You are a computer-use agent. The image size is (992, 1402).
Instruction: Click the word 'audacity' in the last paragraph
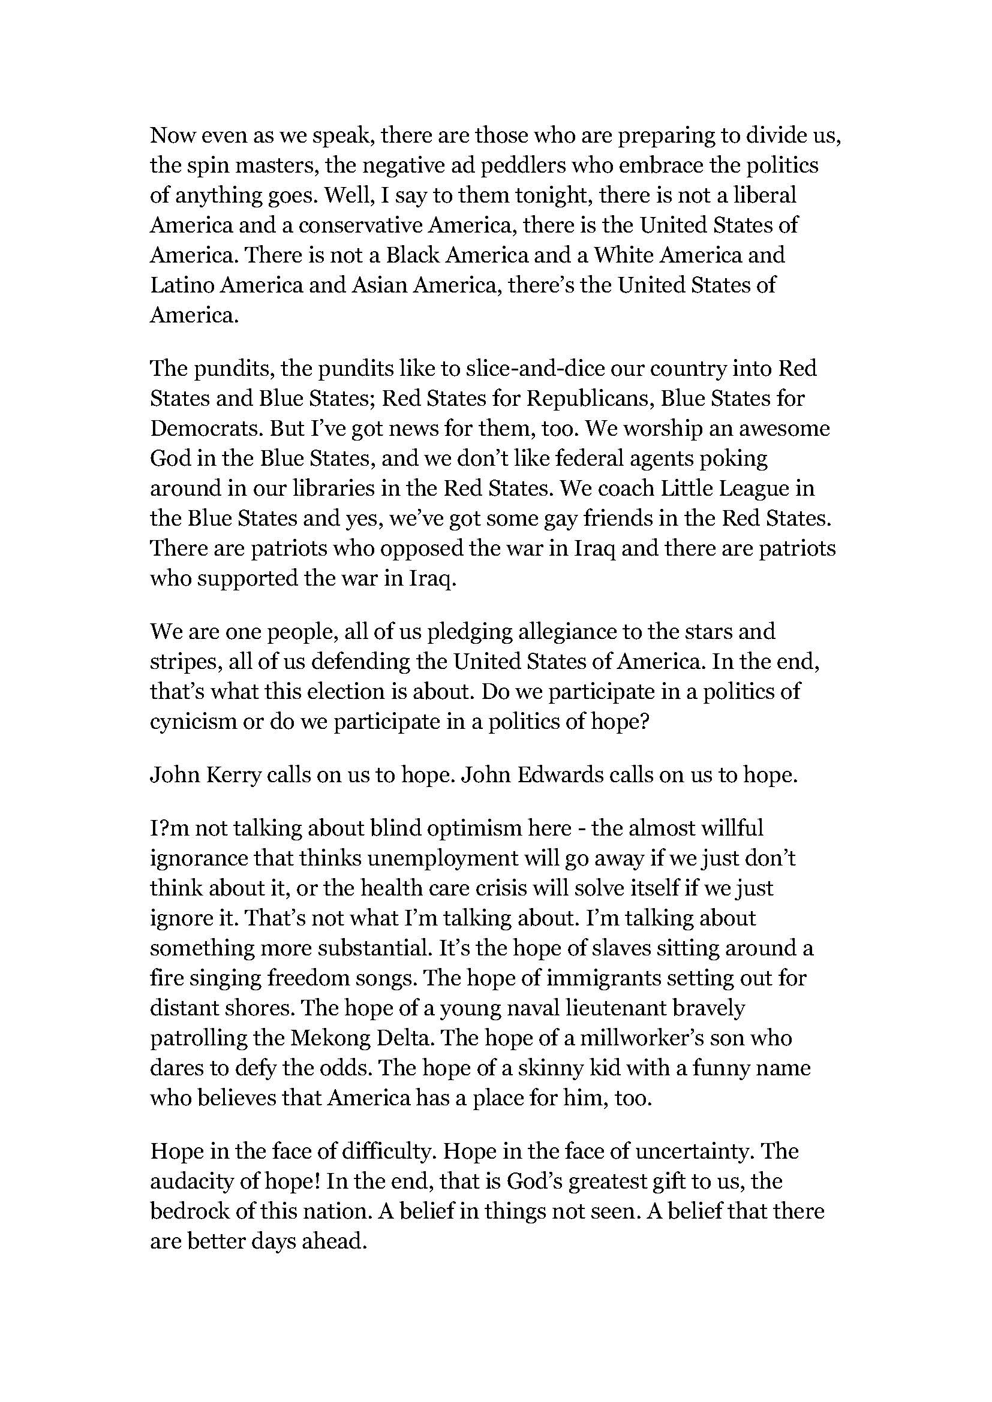click(190, 1181)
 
